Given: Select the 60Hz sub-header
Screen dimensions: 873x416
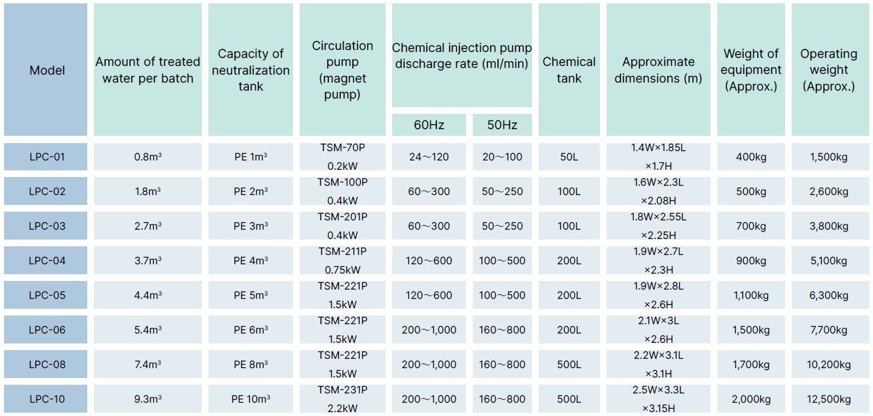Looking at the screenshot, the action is [429, 124].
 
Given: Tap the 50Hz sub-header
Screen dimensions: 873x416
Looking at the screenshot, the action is [502, 124].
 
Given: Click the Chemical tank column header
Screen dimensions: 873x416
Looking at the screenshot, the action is [569, 70].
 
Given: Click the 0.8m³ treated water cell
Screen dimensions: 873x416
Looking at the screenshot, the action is [148, 156].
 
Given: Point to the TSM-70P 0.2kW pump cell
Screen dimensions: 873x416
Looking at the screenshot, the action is [342, 156].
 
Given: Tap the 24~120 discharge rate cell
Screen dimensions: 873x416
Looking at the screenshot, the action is [429, 156].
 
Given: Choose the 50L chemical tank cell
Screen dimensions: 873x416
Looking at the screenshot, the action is [569, 156].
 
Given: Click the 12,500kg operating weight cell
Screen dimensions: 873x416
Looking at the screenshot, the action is [828, 399].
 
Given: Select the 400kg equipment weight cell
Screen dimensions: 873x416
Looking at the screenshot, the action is [750, 156].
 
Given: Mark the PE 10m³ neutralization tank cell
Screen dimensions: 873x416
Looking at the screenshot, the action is [250, 399].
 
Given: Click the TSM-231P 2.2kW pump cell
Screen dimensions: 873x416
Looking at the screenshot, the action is [342, 399].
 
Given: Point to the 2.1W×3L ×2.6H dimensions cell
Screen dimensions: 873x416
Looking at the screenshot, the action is [659, 329].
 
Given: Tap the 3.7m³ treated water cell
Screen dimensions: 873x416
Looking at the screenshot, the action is [148, 260].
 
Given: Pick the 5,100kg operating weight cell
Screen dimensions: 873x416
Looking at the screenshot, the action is [828, 260].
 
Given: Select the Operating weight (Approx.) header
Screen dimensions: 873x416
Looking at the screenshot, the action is [828, 70].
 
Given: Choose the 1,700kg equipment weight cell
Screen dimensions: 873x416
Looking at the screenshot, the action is [750, 364].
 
